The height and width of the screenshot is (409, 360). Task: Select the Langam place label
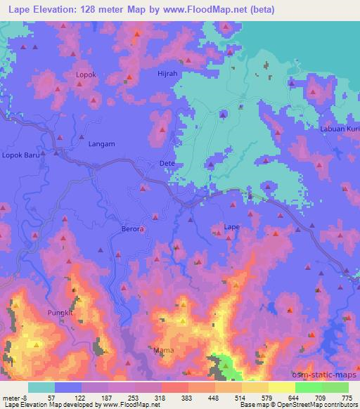[101, 144]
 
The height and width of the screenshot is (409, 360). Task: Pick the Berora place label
[133, 229]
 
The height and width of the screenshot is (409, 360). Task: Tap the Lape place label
[232, 226]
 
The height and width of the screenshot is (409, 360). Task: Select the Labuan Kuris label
[340, 128]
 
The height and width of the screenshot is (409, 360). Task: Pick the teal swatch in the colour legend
[41, 387]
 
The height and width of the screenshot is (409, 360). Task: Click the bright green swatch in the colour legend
[308, 387]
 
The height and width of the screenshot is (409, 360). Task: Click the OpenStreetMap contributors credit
[314, 405]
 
